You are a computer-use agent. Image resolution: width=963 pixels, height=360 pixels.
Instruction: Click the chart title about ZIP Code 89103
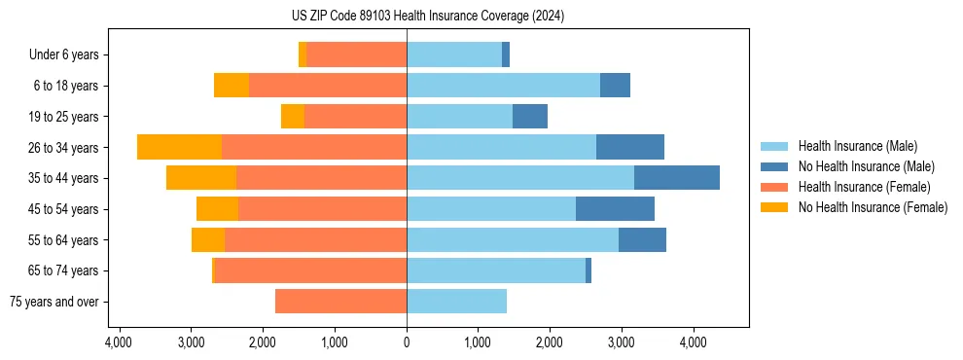point(428,17)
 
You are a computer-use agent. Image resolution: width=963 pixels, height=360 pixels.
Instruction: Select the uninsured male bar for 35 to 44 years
point(676,178)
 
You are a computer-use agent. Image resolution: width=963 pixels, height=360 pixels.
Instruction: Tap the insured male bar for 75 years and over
point(456,302)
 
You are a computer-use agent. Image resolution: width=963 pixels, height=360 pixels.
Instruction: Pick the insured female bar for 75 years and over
point(340,302)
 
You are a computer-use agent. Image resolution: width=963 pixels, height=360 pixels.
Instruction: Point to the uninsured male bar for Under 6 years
point(506,54)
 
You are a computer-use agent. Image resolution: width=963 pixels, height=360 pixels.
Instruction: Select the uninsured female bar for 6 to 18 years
point(232,86)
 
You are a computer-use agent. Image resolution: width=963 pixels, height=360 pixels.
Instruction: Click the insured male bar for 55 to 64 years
point(513,239)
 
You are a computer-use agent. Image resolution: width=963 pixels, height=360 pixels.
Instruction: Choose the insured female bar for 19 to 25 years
point(355,117)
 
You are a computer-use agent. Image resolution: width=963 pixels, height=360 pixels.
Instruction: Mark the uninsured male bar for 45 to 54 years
point(615,208)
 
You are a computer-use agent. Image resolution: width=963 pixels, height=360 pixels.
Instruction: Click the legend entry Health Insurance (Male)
point(857,146)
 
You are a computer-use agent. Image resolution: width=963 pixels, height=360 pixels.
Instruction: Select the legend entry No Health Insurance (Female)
point(873,207)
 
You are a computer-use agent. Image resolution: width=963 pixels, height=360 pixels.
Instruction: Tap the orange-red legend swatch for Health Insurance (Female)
point(774,187)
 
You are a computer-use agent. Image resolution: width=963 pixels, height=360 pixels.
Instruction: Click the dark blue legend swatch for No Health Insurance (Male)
point(774,166)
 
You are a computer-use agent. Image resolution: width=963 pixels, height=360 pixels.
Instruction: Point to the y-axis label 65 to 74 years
point(65,270)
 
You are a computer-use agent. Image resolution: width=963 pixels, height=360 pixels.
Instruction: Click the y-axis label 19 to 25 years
point(65,117)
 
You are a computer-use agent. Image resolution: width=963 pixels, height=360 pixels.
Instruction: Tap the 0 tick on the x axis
point(407,342)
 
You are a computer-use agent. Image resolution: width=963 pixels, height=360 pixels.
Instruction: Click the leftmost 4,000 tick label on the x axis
point(119,342)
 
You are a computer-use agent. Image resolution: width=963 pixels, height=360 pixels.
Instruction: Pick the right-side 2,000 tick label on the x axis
point(550,342)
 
